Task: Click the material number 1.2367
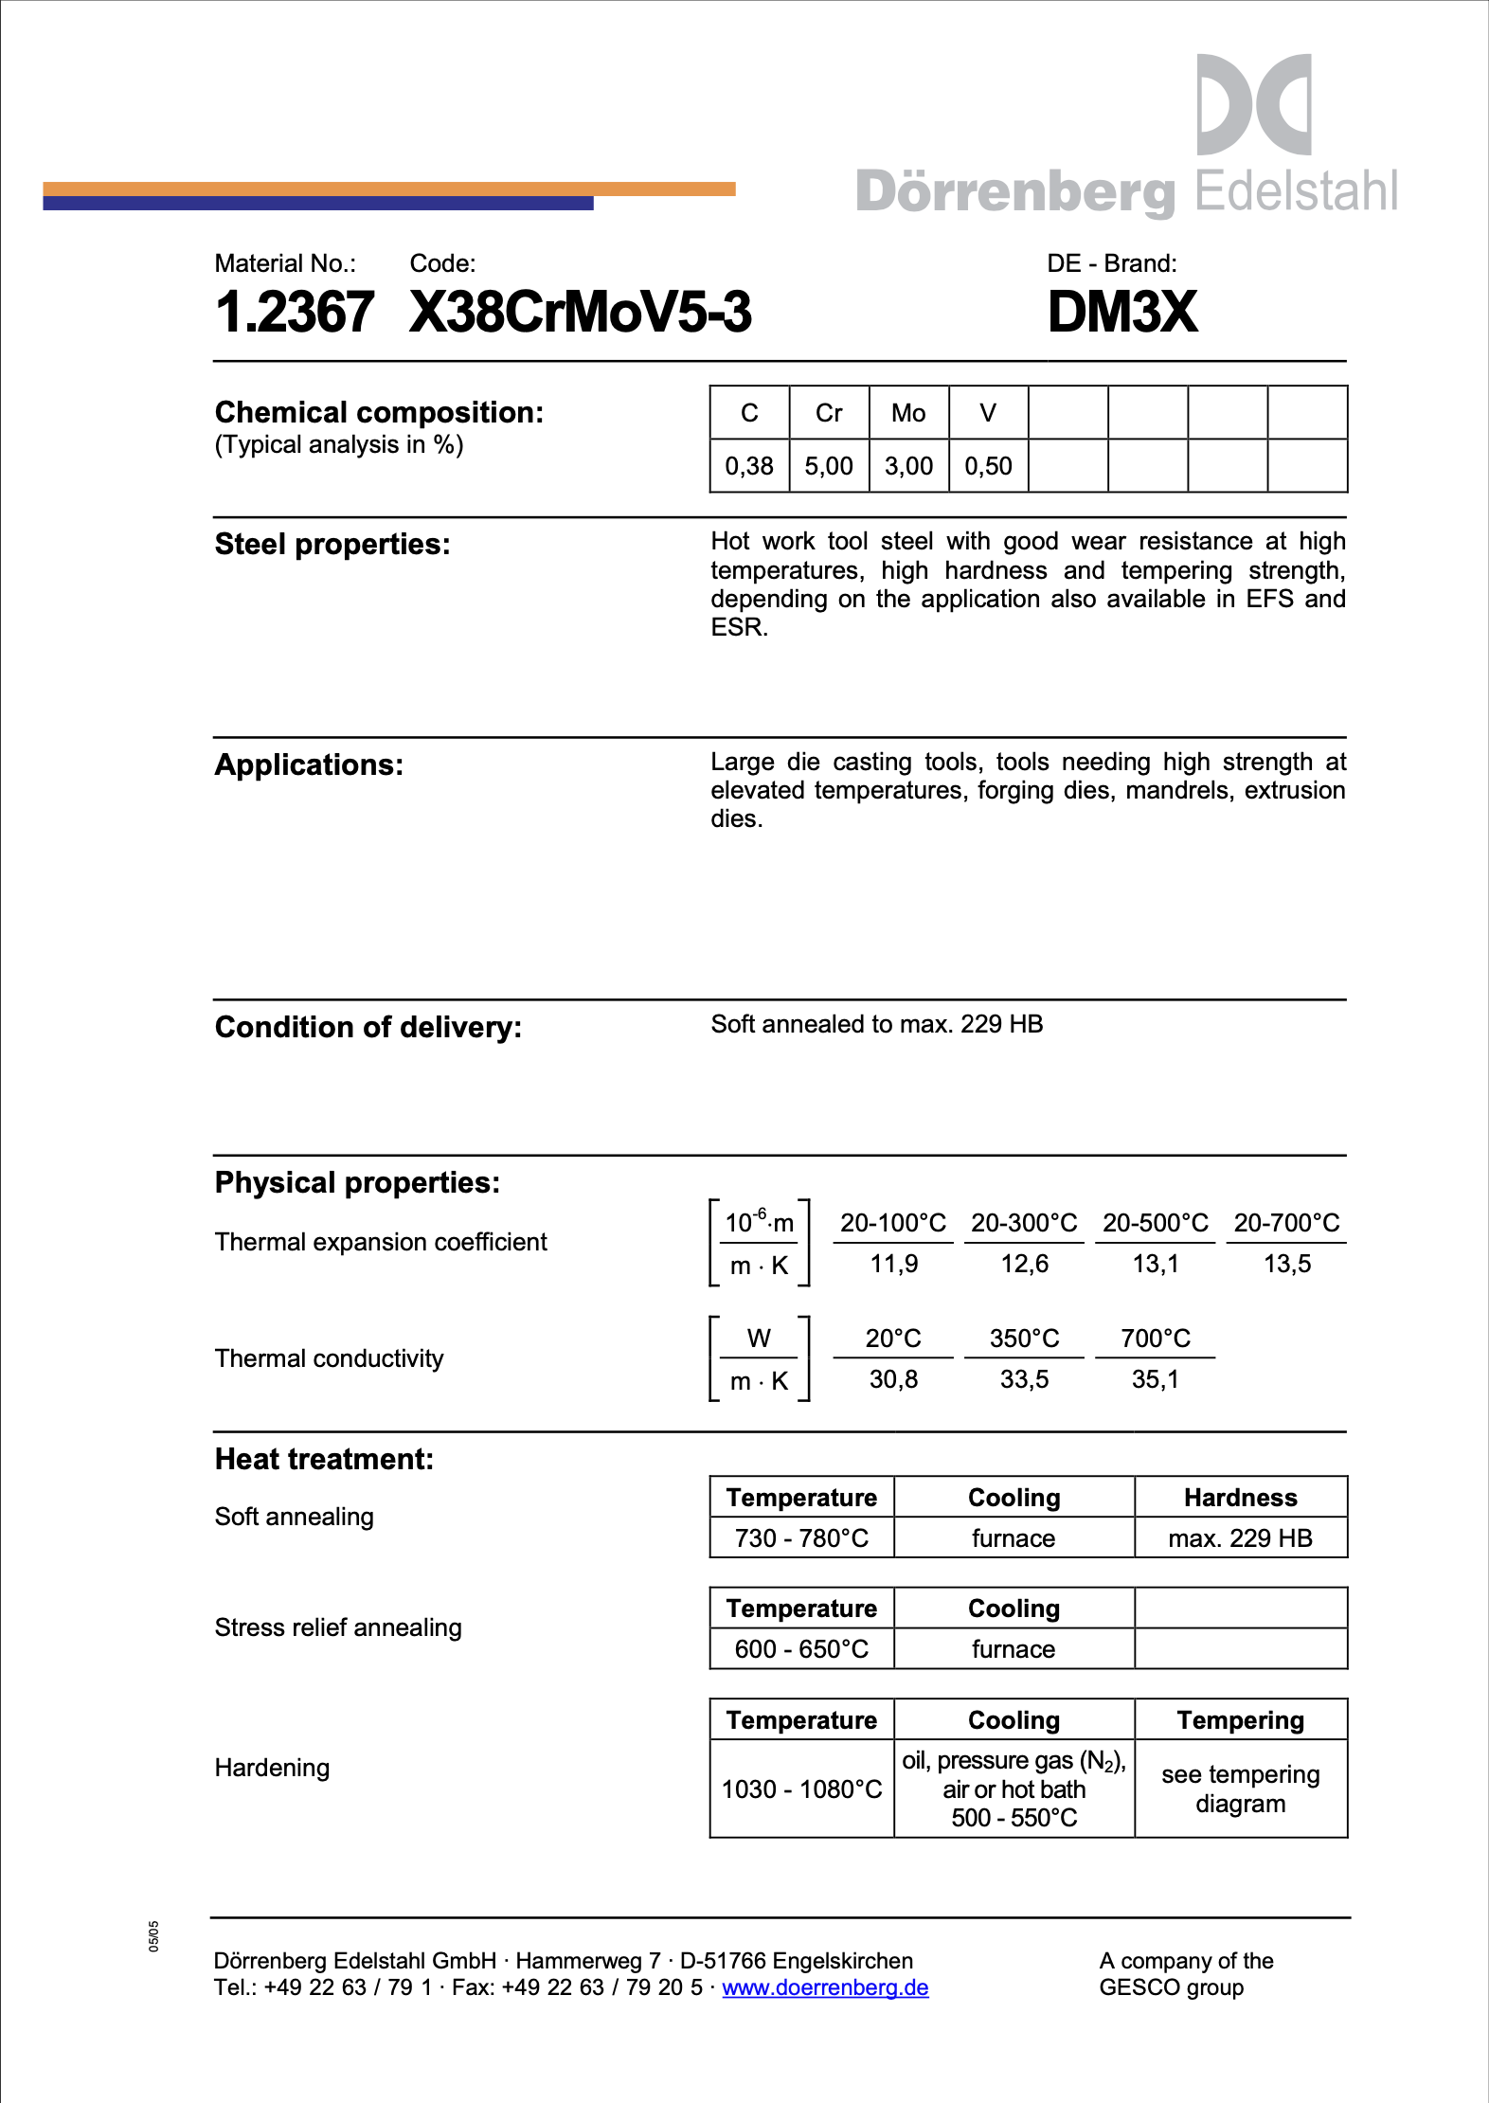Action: (295, 312)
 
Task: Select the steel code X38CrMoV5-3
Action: (580, 312)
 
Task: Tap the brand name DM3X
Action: (1122, 312)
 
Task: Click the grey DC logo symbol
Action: (1254, 104)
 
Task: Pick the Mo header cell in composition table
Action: (908, 413)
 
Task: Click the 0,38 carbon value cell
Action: (749, 466)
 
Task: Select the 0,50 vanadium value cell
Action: (988, 466)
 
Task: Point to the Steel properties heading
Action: (332, 545)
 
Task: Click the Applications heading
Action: (309, 765)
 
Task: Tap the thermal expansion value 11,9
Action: (893, 1264)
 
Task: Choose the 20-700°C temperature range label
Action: (1286, 1223)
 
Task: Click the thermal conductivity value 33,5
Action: (1024, 1379)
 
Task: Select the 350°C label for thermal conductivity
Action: (1024, 1339)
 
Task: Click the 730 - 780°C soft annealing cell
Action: (801, 1538)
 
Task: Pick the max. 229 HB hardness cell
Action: (1240, 1538)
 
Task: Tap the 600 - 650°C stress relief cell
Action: (801, 1649)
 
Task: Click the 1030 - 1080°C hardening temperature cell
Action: (801, 1789)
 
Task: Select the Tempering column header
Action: (1240, 1720)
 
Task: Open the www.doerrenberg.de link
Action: (825, 1987)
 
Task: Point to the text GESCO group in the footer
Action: (1171, 1987)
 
